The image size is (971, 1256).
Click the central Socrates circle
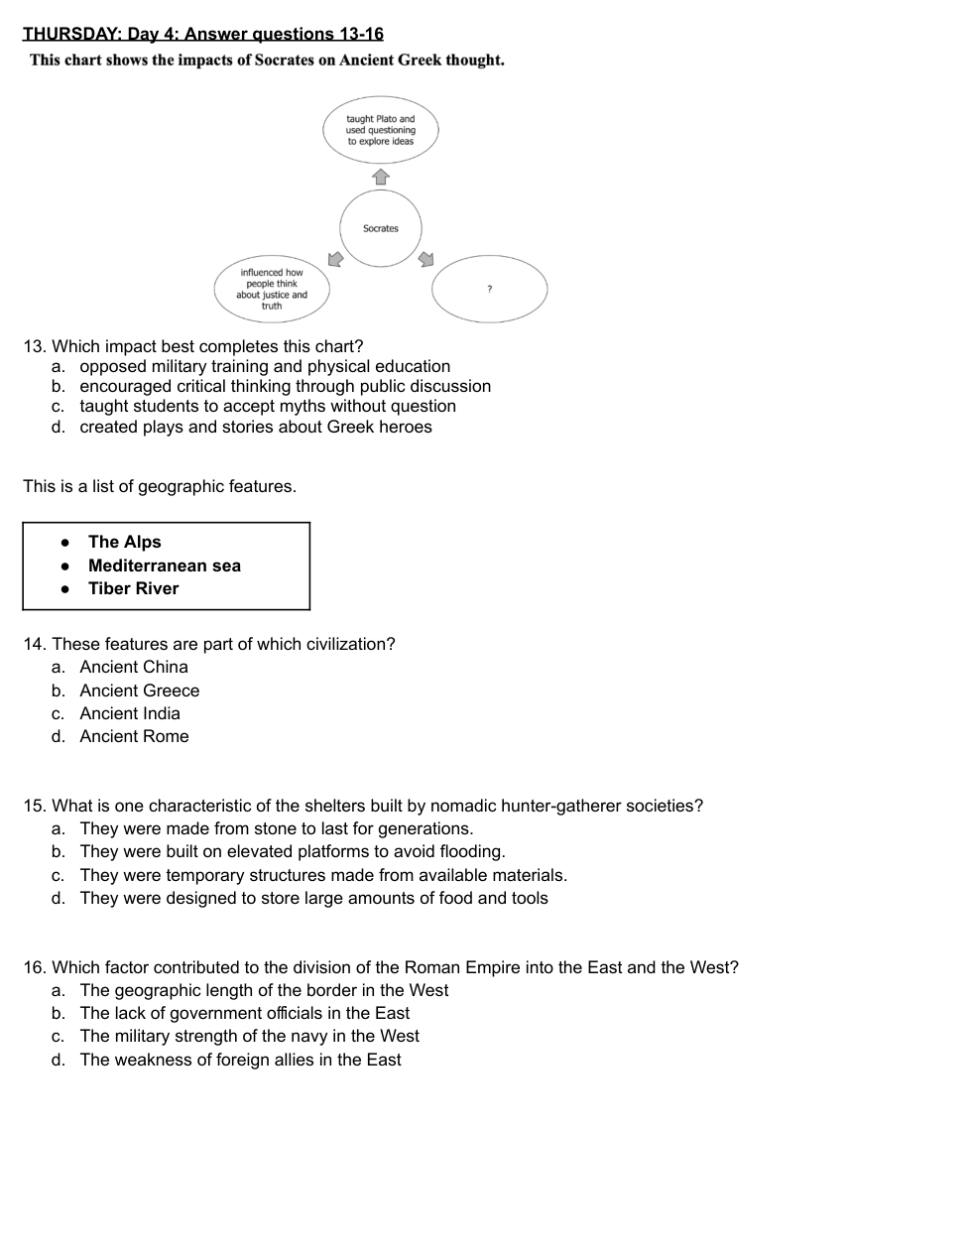[x=381, y=229]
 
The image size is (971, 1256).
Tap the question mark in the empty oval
[x=489, y=289]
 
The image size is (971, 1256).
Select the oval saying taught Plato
[x=381, y=130]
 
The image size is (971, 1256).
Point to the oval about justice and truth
[x=272, y=289]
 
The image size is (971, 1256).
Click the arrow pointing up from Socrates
[x=381, y=177]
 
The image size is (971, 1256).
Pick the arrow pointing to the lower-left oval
[x=335, y=259]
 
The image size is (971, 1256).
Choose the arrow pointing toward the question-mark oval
[x=426, y=259]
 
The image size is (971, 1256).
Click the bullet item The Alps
[x=124, y=542]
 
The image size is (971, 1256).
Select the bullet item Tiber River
[x=133, y=588]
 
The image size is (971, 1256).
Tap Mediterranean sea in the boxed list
[x=164, y=565]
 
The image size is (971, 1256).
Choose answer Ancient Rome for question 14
[x=134, y=736]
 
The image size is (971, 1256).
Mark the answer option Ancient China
[x=134, y=667]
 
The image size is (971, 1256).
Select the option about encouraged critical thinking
[x=285, y=386]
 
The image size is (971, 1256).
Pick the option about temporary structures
[x=323, y=875]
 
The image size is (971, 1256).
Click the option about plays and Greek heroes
[x=256, y=427]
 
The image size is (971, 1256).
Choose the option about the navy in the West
[x=249, y=1036]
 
